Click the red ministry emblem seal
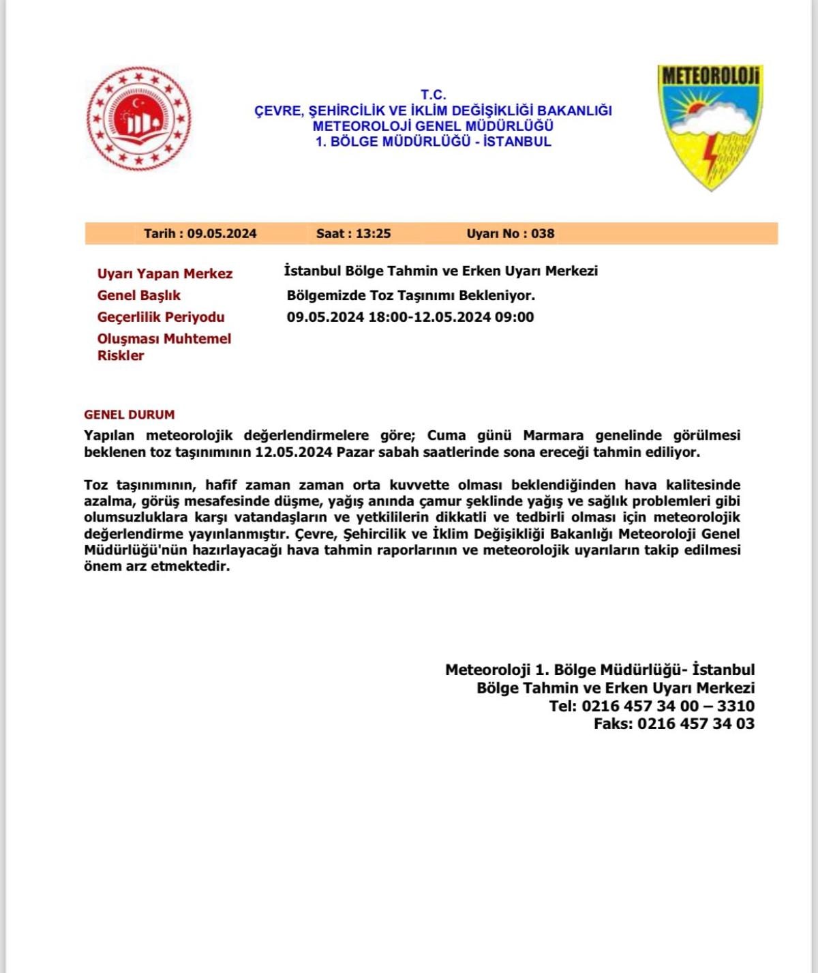click(x=139, y=119)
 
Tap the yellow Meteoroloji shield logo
click(x=710, y=126)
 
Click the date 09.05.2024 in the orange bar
click(x=222, y=233)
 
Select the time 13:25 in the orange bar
click(x=373, y=233)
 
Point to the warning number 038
click(x=543, y=233)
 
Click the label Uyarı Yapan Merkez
click(x=165, y=273)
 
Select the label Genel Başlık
click(x=139, y=295)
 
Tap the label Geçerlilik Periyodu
click(x=161, y=317)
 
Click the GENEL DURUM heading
click(x=130, y=415)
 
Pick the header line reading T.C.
click(x=433, y=95)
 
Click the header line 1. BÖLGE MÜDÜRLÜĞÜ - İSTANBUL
click(x=433, y=142)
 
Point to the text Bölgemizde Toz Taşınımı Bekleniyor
click(x=411, y=295)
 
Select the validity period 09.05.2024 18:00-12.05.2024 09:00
click(x=410, y=317)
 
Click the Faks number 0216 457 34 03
click(x=695, y=723)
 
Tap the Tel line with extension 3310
click(x=652, y=706)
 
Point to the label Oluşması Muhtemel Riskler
click(x=164, y=346)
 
